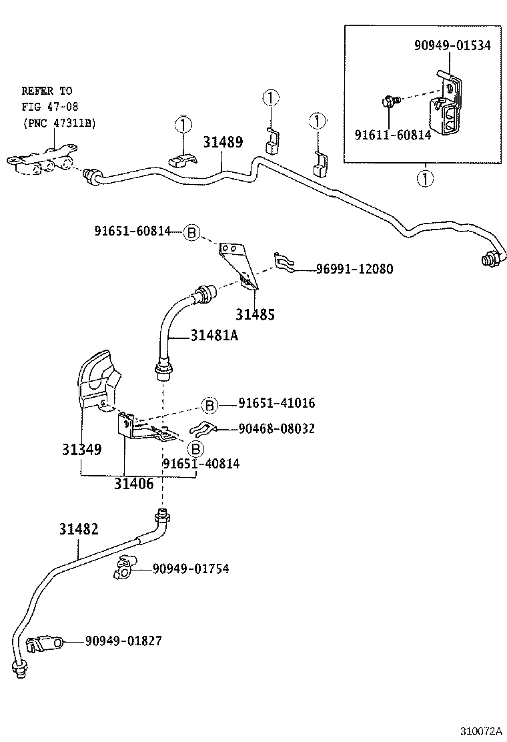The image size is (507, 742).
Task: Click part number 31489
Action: tap(223, 142)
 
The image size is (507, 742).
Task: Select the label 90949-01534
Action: tap(452, 45)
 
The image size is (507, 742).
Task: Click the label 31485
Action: tap(254, 314)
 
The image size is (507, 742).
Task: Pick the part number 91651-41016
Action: tap(276, 403)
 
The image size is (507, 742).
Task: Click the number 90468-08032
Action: tap(276, 428)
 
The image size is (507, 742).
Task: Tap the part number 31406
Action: tap(133, 484)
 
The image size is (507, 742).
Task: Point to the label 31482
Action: tap(79, 529)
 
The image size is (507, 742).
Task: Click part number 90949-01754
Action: tap(190, 569)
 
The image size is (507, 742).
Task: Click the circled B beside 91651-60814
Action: tap(191, 232)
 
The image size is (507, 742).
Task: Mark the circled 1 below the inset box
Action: tap(422, 178)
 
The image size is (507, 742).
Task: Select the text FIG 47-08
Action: tap(45, 106)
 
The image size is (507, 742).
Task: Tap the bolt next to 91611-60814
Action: tap(390, 101)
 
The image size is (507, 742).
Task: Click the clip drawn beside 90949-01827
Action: tap(43, 644)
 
